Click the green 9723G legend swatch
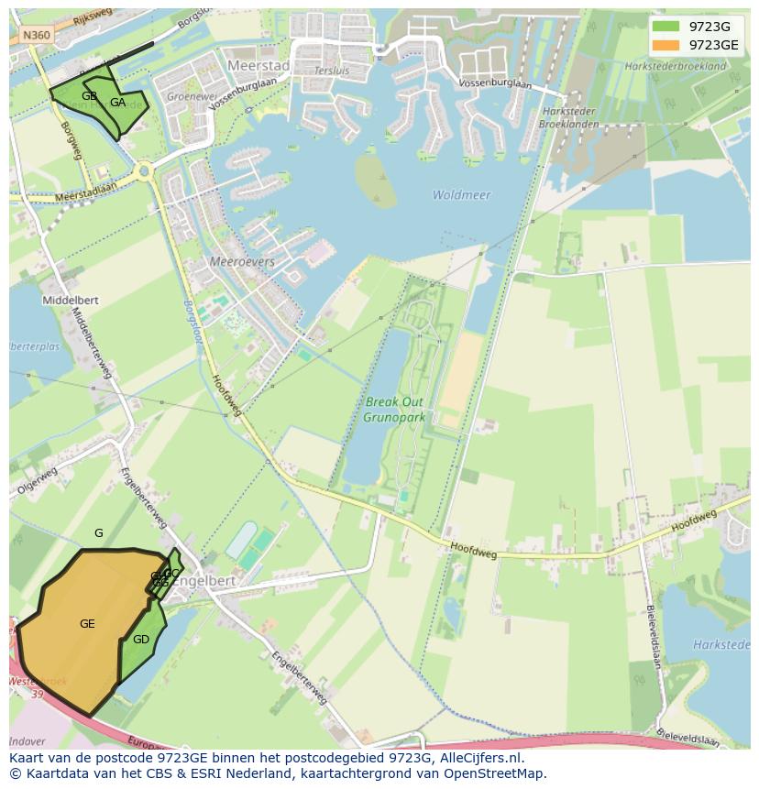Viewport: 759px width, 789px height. click(666, 27)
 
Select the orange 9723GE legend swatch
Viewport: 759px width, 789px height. click(666, 45)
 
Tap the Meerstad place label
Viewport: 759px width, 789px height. click(258, 66)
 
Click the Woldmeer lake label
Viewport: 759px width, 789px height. click(461, 195)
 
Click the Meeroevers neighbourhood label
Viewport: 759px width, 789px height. click(242, 261)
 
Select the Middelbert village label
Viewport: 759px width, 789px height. click(70, 300)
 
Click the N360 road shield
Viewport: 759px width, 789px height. click(37, 35)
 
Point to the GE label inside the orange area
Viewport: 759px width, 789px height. click(87, 624)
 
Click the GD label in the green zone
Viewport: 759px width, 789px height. click(140, 640)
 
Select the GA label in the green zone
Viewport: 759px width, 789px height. click(117, 103)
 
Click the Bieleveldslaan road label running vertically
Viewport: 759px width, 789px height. click(654, 636)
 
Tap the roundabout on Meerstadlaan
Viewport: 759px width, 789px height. click(143, 170)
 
